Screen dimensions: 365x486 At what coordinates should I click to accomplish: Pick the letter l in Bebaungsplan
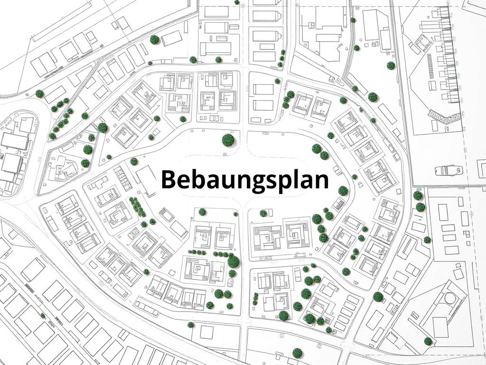pyautogui.click(x=294, y=178)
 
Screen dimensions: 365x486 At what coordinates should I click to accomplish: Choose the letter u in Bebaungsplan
pyautogui.click(x=219, y=181)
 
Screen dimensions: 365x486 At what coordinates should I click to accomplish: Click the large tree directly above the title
pyautogui.click(x=228, y=140)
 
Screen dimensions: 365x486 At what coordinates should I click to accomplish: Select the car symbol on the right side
pyautogui.click(x=449, y=170)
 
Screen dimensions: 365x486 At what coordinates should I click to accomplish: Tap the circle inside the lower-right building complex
pyautogui.click(x=449, y=298)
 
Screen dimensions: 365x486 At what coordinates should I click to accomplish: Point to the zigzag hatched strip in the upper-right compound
pyautogui.click(x=445, y=115)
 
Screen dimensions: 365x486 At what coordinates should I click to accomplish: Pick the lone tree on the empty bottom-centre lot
pyautogui.click(x=298, y=353)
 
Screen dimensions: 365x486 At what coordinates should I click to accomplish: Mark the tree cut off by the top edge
pyautogui.click(x=237, y=2)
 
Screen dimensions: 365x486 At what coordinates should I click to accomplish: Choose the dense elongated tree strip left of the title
pyautogui.click(x=137, y=206)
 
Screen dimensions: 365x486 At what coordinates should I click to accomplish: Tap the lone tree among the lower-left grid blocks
pyautogui.click(x=43, y=315)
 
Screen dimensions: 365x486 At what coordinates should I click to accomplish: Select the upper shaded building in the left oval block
pyautogui.click(x=14, y=141)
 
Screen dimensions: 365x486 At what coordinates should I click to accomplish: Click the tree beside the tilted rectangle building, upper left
pyautogui.click(x=154, y=39)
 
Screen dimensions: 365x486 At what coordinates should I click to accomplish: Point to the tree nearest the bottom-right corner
pyautogui.click(x=428, y=341)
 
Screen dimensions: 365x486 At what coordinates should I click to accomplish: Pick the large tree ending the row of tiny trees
pyautogui.click(x=233, y=261)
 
